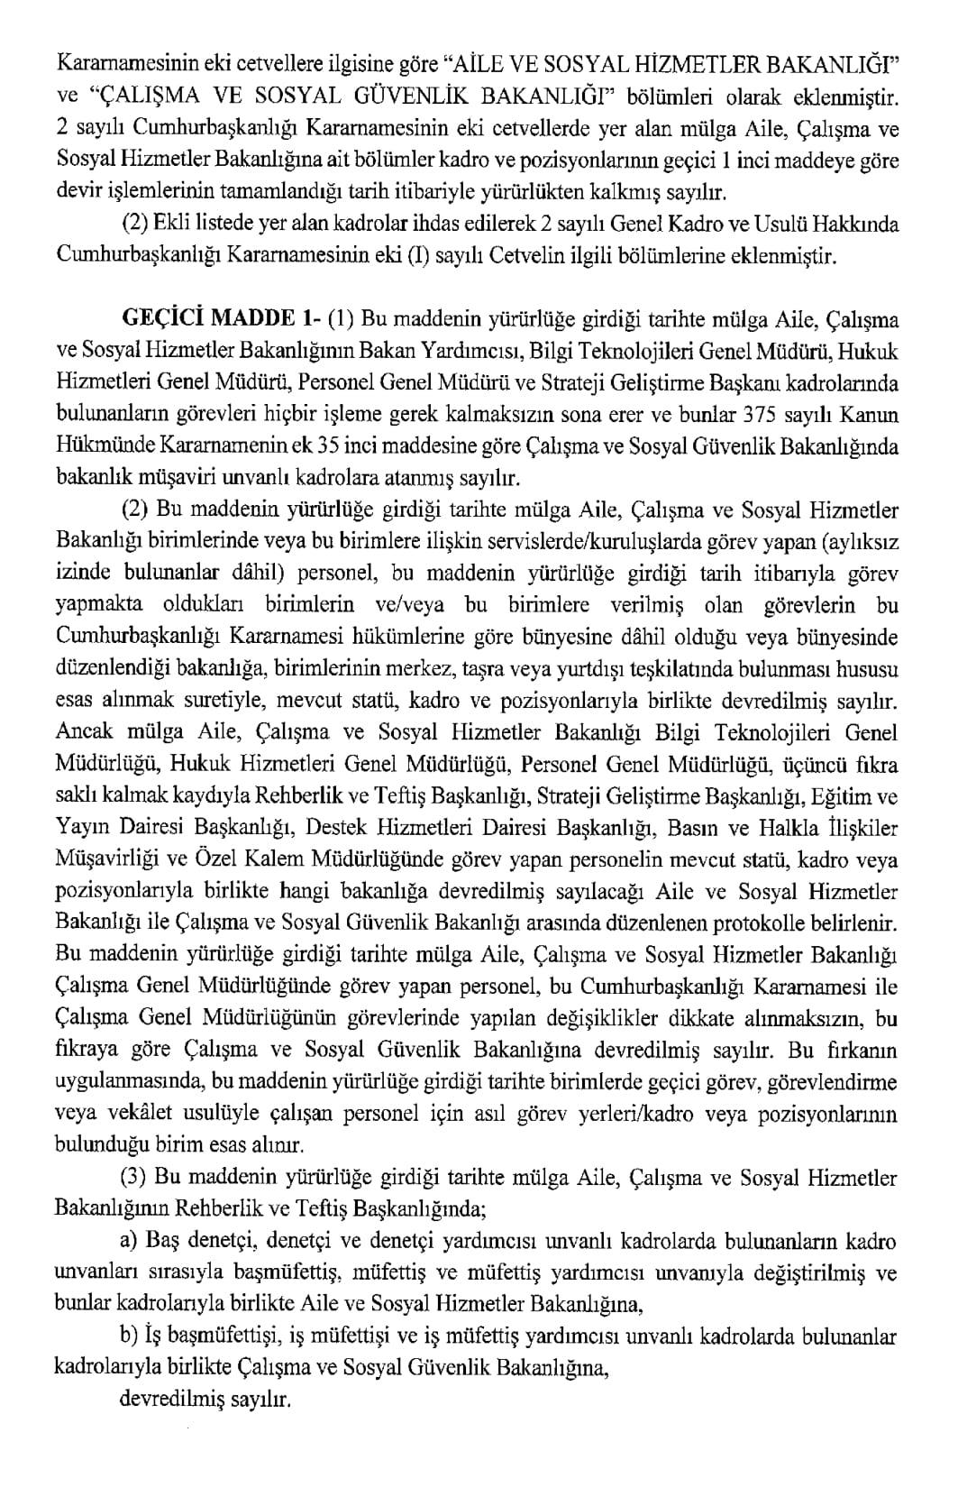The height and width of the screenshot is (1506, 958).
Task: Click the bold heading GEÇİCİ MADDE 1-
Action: [220, 319]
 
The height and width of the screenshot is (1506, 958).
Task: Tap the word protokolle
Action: [778, 923]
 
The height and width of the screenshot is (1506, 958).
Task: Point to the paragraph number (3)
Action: [134, 1178]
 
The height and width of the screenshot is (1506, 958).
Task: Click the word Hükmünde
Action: [97, 446]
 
